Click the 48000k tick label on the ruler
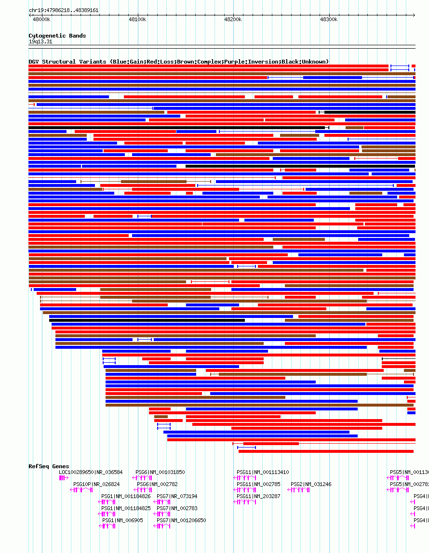tap(41, 20)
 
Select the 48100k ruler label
tap(137, 20)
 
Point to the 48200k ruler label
tap(233, 20)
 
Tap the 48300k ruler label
tap(329, 20)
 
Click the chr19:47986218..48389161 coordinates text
tap(64, 10)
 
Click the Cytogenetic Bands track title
tap(57, 36)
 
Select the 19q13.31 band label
tap(40, 42)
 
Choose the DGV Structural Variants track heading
tap(178, 62)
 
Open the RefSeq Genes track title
tap(49, 466)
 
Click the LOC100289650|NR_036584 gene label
tap(91, 473)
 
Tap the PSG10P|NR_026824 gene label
tap(96, 485)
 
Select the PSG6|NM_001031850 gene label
tap(160, 473)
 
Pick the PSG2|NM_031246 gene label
tap(311, 485)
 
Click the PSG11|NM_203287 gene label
tap(258, 496)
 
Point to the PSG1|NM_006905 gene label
tap(122, 520)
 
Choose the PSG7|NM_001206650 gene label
tap(181, 520)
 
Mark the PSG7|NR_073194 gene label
tap(177, 496)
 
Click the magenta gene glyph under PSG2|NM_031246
tap(298, 490)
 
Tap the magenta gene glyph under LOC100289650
tap(64, 478)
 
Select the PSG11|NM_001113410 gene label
tap(263, 473)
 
